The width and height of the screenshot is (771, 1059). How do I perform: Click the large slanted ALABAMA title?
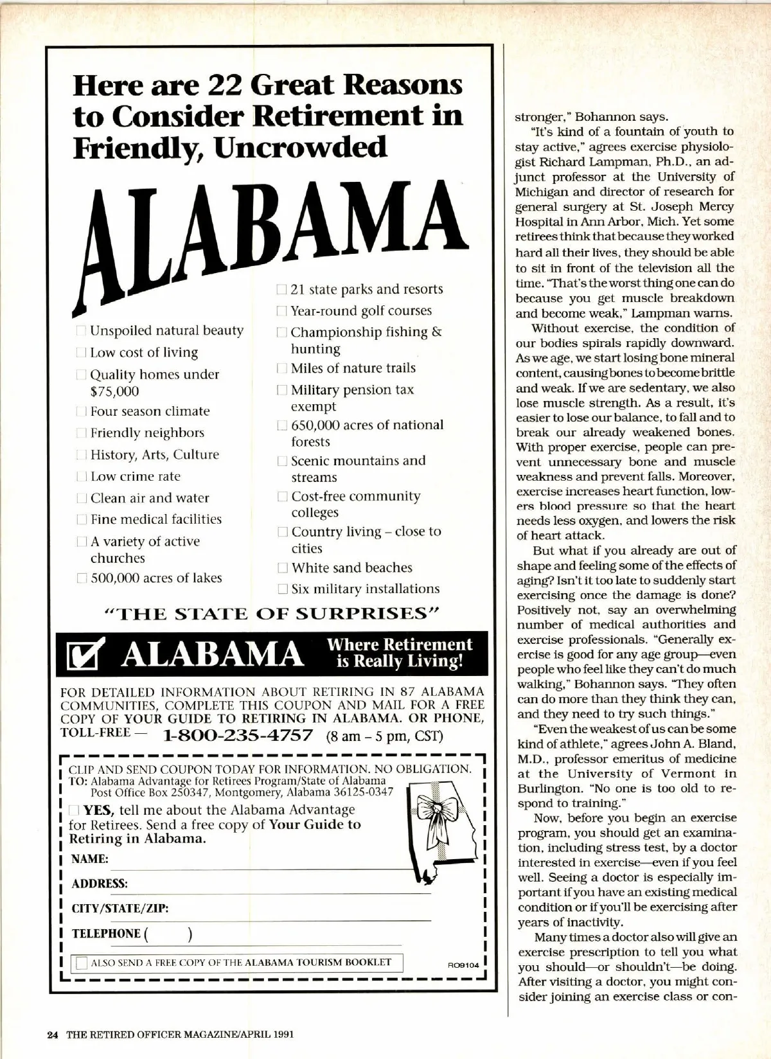click(x=263, y=231)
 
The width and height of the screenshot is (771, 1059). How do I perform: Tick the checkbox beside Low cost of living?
click(x=82, y=352)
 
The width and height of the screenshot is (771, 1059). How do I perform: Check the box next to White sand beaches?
click(x=282, y=568)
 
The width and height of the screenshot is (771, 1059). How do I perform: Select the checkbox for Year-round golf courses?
click(x=281, y=311)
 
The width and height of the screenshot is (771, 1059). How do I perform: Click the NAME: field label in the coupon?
click(x=89, y=859)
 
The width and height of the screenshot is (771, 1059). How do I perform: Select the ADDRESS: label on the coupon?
click(x=100, y=884)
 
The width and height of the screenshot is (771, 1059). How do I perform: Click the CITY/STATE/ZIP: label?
click(x=120, y=909)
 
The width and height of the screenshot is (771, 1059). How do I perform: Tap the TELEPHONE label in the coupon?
click(x=106, y=934)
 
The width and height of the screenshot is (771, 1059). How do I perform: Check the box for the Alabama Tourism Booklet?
click(x=82, y=963)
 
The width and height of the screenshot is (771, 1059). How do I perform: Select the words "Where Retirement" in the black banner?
click(x=399, y=645)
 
